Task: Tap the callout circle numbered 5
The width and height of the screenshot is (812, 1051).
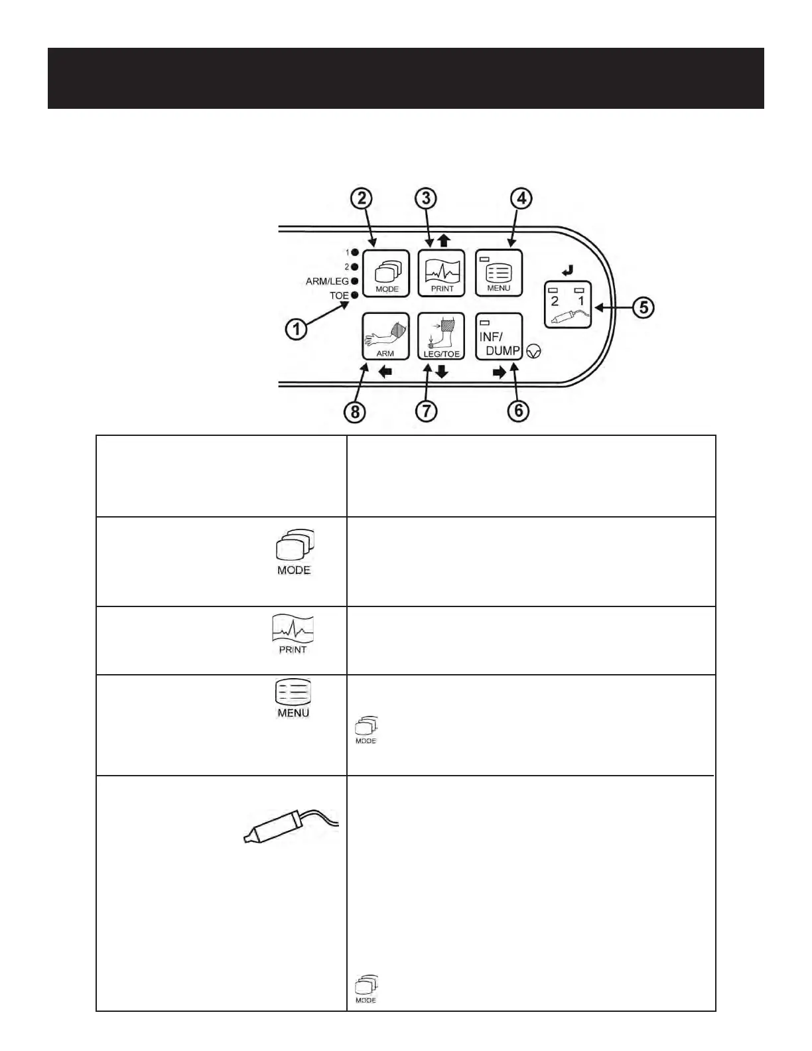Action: (643, 308)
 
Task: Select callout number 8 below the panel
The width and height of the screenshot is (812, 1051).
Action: (355, 412)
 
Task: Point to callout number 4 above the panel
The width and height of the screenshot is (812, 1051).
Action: (521, 198)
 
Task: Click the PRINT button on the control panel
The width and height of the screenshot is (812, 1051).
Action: (442, 273)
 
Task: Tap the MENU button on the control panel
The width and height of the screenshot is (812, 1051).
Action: (499, 273)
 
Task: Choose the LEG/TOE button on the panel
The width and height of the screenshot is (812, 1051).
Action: (441, 336)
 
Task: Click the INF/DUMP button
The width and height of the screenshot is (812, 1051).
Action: (499, 336)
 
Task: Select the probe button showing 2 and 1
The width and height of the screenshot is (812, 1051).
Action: (568, 305)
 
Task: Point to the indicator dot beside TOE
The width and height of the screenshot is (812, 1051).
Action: (355, 295)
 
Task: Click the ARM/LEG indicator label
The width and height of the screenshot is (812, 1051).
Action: (327, 281)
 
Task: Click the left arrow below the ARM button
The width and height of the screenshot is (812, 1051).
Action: (385, 372)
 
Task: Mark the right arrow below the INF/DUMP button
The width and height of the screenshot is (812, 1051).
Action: (500, 373)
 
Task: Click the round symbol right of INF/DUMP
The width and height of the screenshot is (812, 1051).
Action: (533, 352)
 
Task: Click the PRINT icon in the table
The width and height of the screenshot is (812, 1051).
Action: (293, 634)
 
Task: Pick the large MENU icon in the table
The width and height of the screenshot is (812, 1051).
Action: (293, 698)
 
